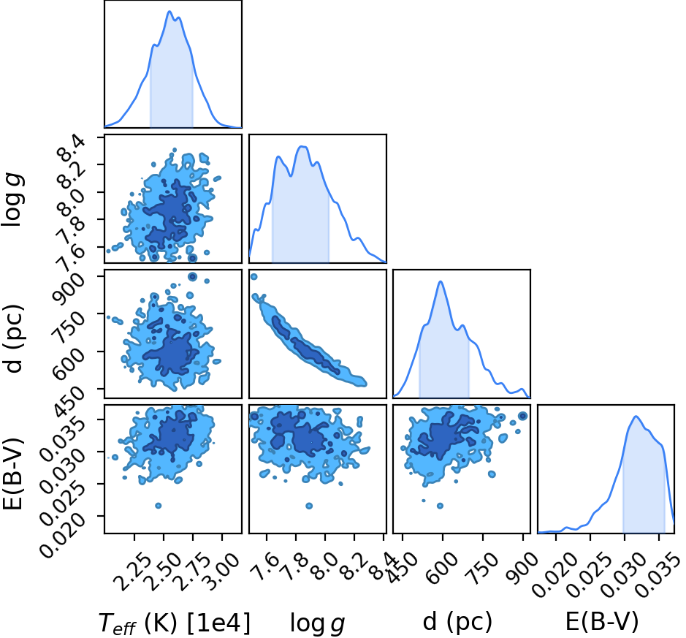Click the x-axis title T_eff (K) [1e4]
click(175, 623)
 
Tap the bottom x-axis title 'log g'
click(318, 623)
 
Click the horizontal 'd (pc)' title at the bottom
click(457, 622)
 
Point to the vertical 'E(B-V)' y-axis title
click(12, 473)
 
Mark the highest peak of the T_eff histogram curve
click(169, 12)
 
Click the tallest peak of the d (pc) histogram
click(441, 281)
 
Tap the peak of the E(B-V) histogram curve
click(636, 416)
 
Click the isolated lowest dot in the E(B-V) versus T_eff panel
click(159, 506)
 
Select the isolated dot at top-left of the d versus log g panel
click(254, 276)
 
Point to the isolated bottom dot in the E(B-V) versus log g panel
click(309, 506)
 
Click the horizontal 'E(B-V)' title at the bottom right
click(602, 622)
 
